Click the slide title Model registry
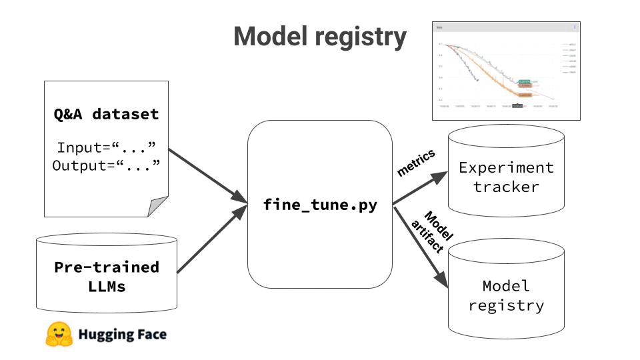point(319,37)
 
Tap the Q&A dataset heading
point(107,114)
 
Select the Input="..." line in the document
point(107,147)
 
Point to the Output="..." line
point(107,165)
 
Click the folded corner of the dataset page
point(159,207)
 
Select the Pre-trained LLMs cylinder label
point(107,277)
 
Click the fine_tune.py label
point(320,205)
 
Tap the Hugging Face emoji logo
point(59,335)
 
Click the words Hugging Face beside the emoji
point(122,335)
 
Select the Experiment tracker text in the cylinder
point(506,177)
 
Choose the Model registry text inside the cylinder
point(506,295)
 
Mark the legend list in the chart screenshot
point(569,58)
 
